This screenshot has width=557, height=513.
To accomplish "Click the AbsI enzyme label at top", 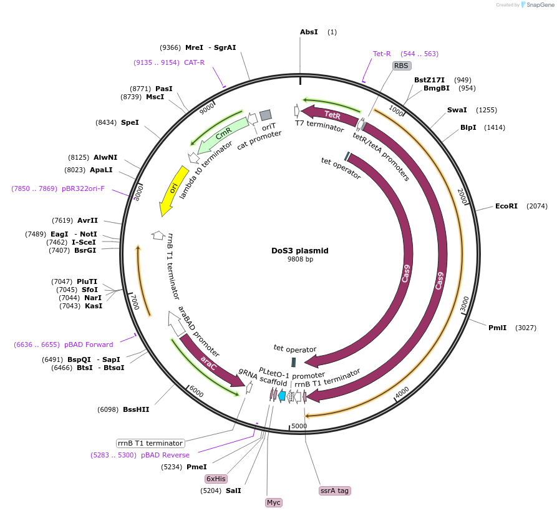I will coord(309,32).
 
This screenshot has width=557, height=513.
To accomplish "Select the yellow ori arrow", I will coord(172,190).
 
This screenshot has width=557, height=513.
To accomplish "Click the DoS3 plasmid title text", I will coord(299,251).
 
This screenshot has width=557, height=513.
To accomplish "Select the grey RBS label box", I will coord(401,66).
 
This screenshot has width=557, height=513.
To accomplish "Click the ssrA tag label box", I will coord(335,491).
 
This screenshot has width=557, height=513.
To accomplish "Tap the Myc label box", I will coord(273,502).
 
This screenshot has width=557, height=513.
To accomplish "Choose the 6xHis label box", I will coord(216,479).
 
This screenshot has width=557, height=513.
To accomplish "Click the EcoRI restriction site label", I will coord(506,206).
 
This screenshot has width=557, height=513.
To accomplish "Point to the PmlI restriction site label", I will coord(497,327).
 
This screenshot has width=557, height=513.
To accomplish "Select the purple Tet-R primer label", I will coord(382,54).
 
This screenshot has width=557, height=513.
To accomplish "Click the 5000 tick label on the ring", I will coord(299,426).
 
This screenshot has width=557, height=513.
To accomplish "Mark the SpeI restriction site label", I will coord(130,122).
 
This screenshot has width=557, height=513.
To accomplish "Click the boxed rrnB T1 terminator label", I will coord(151,443).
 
